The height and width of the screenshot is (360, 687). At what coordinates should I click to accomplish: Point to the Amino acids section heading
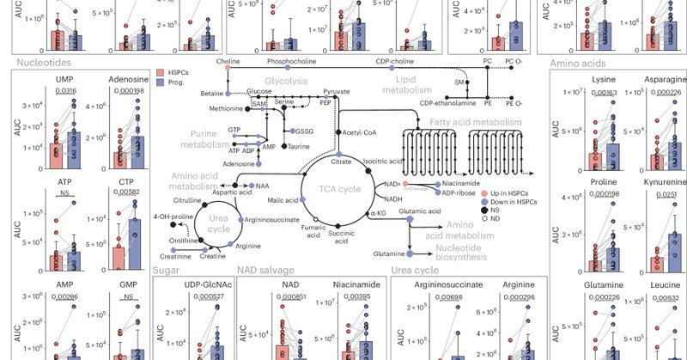[579, 62]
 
